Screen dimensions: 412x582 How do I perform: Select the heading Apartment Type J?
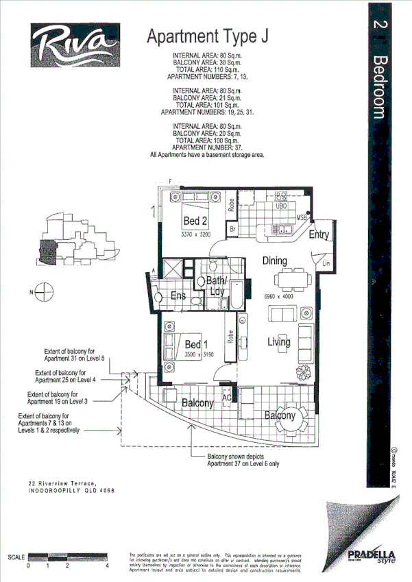(x=207, y=36)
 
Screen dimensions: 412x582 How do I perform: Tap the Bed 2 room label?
(x=195, y=221)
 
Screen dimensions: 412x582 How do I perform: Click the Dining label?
(x=274, y=260)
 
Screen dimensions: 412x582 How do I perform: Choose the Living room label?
(x=279, y=342)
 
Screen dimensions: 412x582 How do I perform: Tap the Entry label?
(x=319, y=235)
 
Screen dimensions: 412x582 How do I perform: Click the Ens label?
(x=178, y=296)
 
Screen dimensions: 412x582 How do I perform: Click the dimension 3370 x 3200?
(x=196, y=234)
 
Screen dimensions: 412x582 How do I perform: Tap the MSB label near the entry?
(x=302, y=218)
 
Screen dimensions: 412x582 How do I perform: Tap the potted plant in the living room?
(x=304, y=372)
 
